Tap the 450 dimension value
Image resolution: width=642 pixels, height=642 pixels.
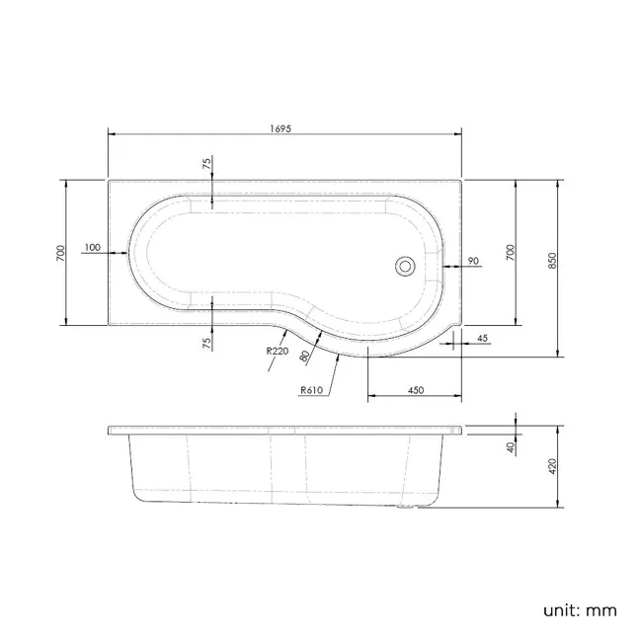pos(415,390)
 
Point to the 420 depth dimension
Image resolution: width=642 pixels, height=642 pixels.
pos(553,466)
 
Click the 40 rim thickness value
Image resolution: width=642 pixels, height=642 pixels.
pos(512,447)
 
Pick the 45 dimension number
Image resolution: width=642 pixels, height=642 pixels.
pos(482,339)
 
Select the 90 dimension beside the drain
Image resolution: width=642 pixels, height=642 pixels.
pos(473,261)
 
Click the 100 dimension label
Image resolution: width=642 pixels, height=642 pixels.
pos(92,248)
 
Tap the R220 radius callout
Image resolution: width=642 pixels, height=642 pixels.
pos(276,350)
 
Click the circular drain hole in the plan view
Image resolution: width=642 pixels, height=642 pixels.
pos(404,265)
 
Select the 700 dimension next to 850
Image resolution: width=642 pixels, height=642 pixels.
pos(511,253)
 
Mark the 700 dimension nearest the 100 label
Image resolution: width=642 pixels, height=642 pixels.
pos(60,253)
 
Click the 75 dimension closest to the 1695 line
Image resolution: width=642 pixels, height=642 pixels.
pos(207,165)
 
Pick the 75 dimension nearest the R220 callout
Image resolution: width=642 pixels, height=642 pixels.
pos(207,341)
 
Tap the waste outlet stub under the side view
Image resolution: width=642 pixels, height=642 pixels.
pos(405,510)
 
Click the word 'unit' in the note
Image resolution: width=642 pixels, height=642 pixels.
pos(561,609)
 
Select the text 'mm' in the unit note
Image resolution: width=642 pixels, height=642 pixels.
pos(602,609)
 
